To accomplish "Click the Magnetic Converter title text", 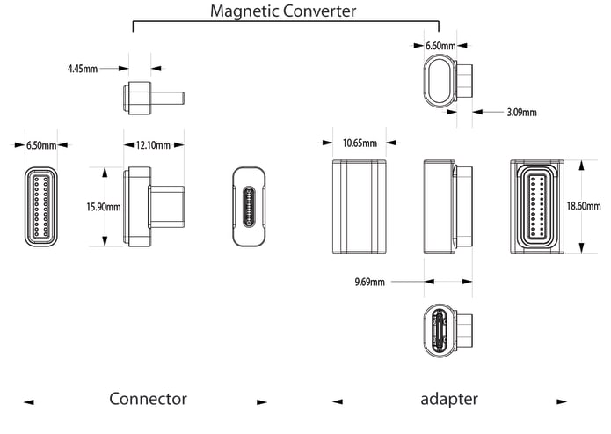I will point(283,11).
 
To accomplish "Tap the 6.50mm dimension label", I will point(40,144).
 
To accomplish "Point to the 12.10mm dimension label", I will point(154,144).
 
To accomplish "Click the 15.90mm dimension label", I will point(103,207).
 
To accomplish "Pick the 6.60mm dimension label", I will point(440,44).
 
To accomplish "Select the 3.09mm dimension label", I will point(521,112).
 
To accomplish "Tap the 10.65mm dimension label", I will point(360,143).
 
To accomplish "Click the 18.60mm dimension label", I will point(584,206).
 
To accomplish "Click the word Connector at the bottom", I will point(148,399).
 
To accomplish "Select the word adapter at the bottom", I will point(449,399).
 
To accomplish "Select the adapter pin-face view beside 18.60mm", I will point(536,205).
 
